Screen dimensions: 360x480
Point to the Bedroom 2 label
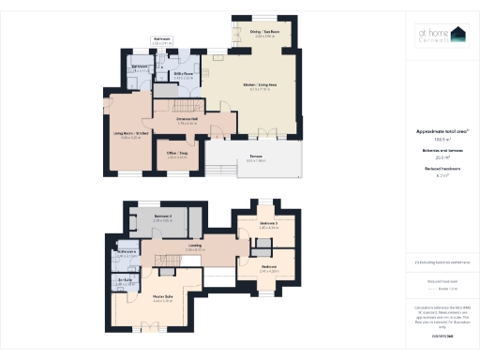coord(163,218)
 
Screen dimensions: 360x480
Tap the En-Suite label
coord(124,281)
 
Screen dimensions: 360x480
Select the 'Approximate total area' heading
coord(442,131)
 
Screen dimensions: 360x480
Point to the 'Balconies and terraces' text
coord(442,152)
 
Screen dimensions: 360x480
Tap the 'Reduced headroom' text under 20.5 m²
coord(442,168)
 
